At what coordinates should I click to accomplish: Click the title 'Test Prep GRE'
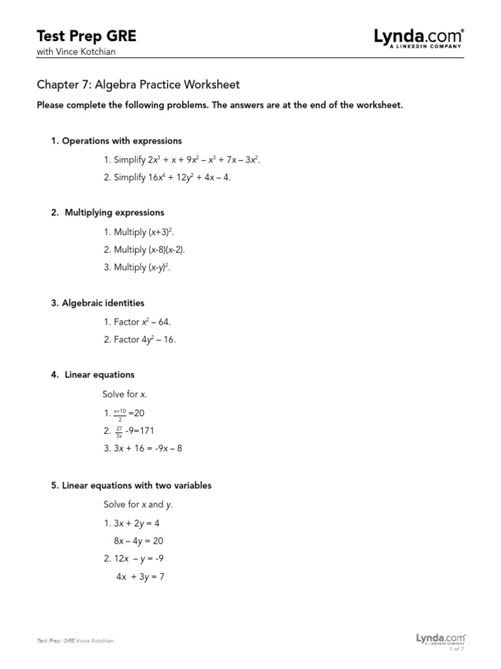(87, 37)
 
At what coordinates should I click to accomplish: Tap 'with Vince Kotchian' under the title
(76, 52)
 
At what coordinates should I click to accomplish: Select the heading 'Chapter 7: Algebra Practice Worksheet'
(138, 85)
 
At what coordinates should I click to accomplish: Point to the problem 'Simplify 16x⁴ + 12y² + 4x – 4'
(167, 178)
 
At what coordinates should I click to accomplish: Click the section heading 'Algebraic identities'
(98, 303)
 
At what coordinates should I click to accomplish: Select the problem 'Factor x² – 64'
(137, 321)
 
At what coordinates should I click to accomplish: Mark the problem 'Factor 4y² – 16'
(140, 340)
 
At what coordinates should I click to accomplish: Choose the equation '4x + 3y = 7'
(140, 577)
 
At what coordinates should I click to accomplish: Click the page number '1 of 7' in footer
(457, 649)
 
